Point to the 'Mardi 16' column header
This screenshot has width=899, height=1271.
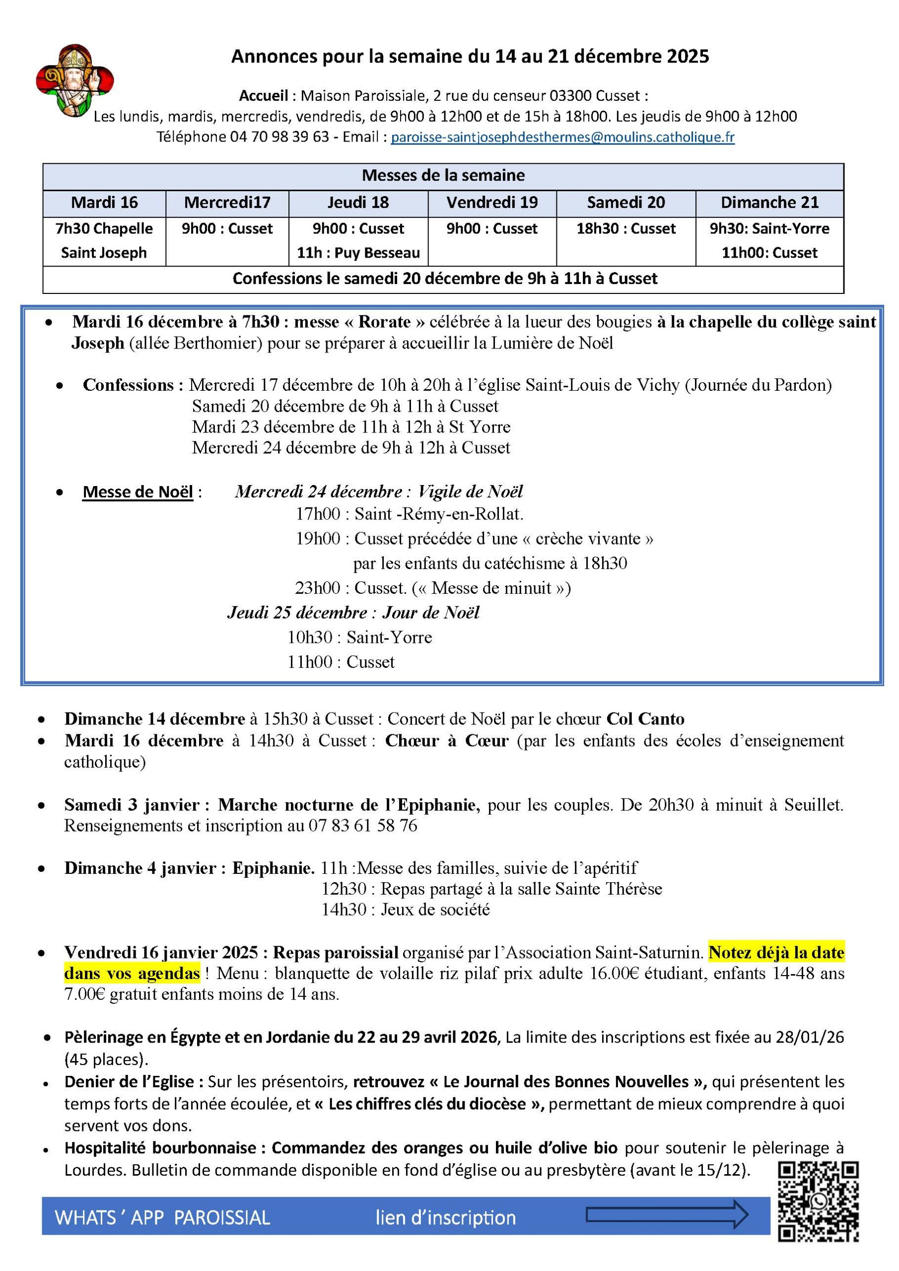(104, 203)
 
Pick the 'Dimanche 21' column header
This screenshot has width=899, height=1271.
(769, 203)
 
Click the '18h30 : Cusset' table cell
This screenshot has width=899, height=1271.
(625, 228)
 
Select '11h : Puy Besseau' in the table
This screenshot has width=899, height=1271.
(358, 253)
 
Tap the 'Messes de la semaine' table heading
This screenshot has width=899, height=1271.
(443, 175)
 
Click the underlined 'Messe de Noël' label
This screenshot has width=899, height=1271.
(138, 492)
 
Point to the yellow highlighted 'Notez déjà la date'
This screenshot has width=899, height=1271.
(776, 953)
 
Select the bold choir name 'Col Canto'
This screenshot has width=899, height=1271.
(645, 718)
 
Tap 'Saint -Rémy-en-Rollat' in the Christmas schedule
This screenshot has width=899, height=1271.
(438, 514)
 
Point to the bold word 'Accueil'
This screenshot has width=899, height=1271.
(264, 96)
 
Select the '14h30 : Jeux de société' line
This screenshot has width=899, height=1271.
(406, 910)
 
